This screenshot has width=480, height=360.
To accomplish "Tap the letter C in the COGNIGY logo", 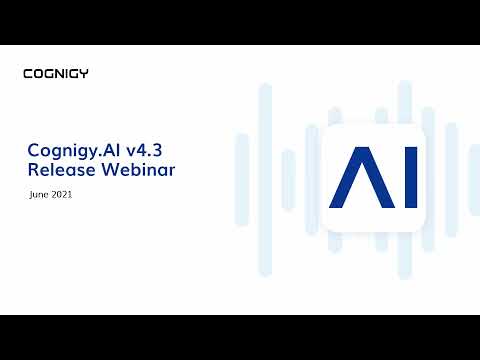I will (27, 73).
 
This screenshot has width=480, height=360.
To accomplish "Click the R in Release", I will (33, 170).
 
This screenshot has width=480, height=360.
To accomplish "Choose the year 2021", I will (62, 195).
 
